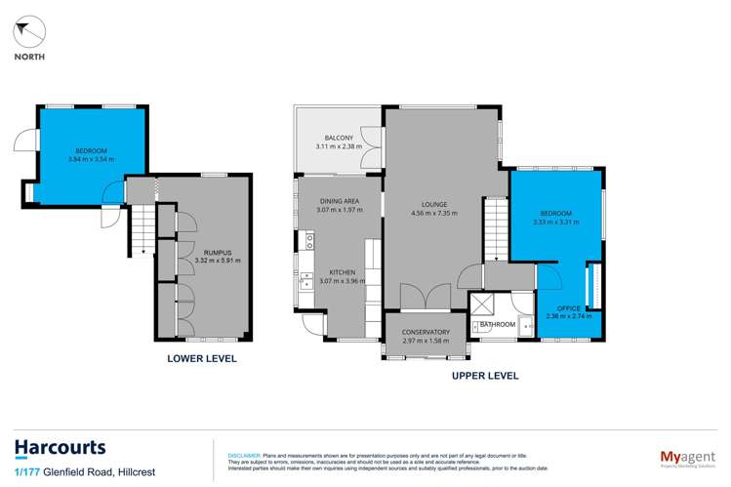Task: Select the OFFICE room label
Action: click(x=568, y=308)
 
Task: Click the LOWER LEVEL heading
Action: click(x=201, y=359)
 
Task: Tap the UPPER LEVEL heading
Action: click(x=484, y=375)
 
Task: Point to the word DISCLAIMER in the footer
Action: click(x=243, y=454)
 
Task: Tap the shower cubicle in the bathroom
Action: click(x=481, y=304)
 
